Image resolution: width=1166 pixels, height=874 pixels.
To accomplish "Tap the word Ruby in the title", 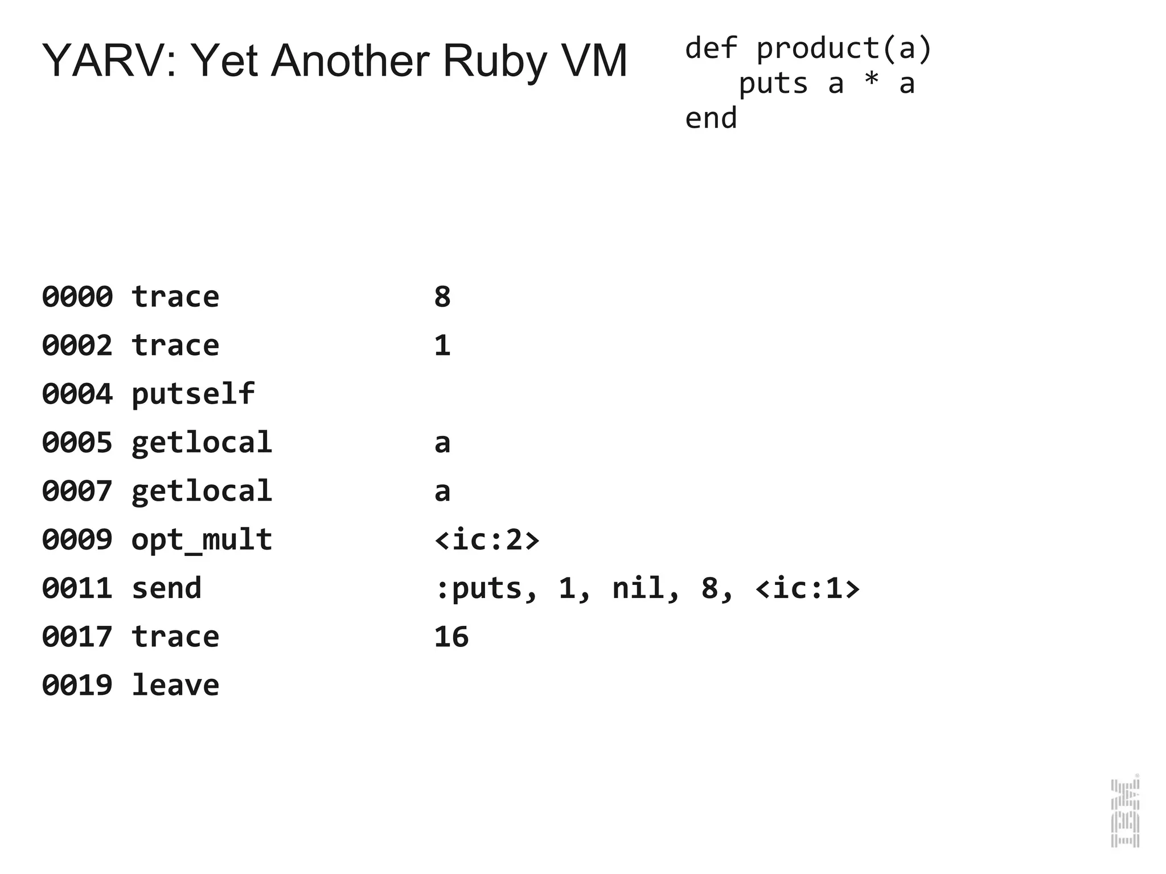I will tap(494, 61).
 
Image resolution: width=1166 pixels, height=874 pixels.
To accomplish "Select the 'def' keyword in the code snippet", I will tap(711, 48).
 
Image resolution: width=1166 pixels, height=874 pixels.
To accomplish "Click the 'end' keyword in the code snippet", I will tap(711, 119).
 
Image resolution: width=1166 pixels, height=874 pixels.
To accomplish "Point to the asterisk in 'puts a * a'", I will tap(871, 83).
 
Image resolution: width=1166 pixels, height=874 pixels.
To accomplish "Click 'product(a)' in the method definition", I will tap(844, 48).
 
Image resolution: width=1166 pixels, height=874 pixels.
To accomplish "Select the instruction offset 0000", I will tap(77, 297).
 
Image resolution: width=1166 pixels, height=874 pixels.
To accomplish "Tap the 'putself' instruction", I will tap(193, 394).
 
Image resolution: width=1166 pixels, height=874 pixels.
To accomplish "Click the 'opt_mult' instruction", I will tap(202, 540).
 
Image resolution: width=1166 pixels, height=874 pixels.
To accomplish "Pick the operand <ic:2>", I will tap(487, 540).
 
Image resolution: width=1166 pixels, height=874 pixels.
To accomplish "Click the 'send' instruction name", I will tap(166, 588).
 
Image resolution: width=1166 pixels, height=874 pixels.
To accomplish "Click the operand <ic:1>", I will tap(807, 588).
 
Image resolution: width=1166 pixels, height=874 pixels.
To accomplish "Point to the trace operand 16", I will tap(451, 637).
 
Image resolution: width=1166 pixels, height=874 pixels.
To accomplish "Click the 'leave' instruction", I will tap(175, 685).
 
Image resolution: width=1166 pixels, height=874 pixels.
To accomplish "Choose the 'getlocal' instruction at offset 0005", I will tap(202, 443).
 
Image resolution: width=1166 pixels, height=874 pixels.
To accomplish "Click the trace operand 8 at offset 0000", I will tap(442, 297).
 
